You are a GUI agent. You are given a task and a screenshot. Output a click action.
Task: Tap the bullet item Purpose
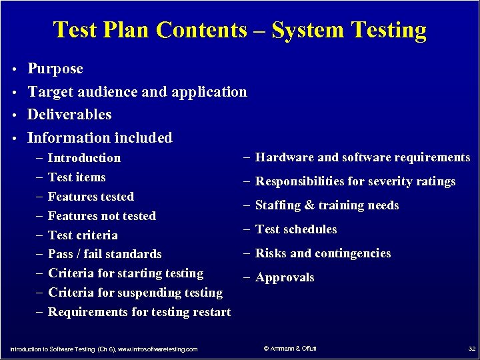point(55,69)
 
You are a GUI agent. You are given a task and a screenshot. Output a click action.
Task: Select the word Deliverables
point(69,115)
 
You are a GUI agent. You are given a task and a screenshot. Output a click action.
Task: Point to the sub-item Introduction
point(85,158)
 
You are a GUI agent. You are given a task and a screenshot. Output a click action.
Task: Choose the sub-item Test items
point(77,177)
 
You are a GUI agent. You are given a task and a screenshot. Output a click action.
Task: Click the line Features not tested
point(102,216)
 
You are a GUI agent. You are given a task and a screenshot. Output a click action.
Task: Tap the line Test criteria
point(83,235)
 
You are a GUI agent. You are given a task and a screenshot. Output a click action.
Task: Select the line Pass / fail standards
point(105,254)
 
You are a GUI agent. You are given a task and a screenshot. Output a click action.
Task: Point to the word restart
point(211,312)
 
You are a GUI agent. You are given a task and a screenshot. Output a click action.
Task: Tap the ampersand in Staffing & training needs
point(309,205)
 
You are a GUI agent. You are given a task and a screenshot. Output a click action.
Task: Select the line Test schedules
point(296,229)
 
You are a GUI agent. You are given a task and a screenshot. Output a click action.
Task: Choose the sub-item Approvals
point(285,277)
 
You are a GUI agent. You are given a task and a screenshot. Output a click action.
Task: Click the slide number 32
point(471,349)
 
